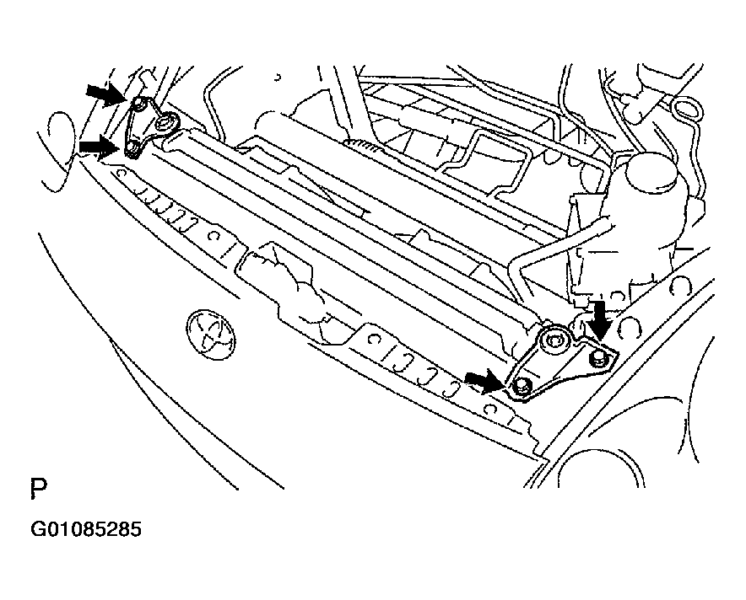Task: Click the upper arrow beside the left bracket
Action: pos(105,94)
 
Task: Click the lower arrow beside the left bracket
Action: pos(99,145)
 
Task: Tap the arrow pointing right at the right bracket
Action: pos(484,382)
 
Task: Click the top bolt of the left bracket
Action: pos(139,104)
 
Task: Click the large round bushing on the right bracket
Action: pos(554,340)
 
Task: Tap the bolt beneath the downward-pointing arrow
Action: pos(597,359)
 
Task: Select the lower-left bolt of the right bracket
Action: pos(523,385)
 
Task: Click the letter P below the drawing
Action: pos(39,490)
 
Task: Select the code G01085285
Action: pos(86,529)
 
